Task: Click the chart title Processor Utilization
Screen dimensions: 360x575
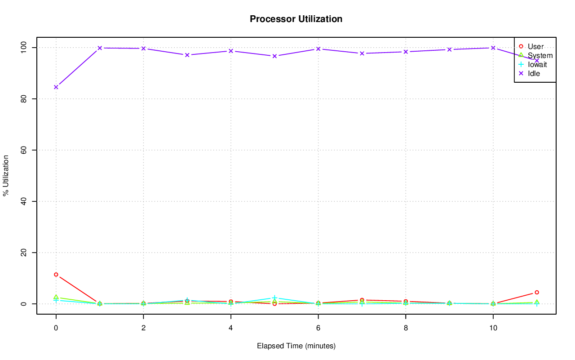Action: point(296,19)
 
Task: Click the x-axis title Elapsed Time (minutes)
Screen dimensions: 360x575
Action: point(296,346)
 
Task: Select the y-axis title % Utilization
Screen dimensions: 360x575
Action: point(6,175)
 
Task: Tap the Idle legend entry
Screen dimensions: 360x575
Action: point(534,73)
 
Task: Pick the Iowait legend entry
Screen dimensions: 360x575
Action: point(537,64)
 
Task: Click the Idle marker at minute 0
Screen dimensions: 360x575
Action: point(56,87)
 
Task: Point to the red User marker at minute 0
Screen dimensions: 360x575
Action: point(56,274)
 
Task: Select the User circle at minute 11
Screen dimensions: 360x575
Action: point(537,292)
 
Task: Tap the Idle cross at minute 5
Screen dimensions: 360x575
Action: point(274,56)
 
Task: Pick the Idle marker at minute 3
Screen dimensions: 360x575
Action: point(187,55)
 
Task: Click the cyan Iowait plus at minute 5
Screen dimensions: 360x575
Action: point(274,298)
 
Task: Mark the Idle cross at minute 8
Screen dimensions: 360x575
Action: point(406,52)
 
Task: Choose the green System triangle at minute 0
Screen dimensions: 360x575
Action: point(56,297)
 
